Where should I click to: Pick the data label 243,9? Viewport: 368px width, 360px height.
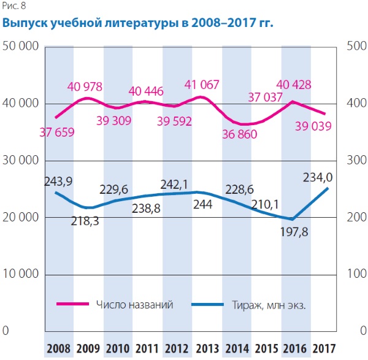pos(59,182)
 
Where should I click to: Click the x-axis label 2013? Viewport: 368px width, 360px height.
pos(207,350)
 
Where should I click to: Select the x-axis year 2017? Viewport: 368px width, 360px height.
pos(326,350)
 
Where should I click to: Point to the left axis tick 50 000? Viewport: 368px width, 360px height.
pos(22,47)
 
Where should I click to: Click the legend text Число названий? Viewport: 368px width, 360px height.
pos(134,304)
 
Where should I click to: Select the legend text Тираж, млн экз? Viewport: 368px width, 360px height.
pos(269,304)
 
